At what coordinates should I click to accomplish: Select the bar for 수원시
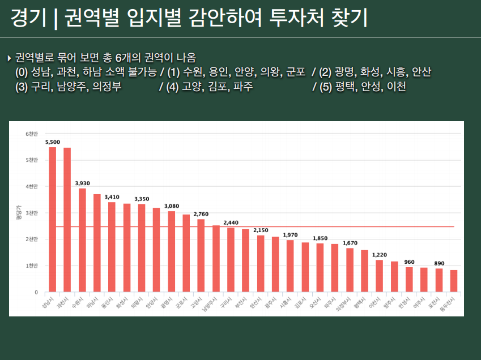pyautogui.click(x=82, y=241)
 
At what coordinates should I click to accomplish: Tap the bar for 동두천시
pyautogui.click(x=454, y=281)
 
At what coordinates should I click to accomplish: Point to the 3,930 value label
pyautogui.click(x=82, y=183)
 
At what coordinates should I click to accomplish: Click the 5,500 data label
pyautogui.click(x=53, y=142)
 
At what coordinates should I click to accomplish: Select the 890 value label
pyautogui.click(x=439, y=263)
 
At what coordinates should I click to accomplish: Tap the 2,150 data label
pyautogui.click(x=261, y=230)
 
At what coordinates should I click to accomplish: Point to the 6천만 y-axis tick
pyautogui.click(x=32, y=134)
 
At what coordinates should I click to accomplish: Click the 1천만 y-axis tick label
pyautogui.click(x=32, y=266)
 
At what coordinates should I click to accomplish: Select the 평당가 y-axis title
pyautogui.click(x=19, y=213)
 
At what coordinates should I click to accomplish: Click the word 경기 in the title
pyautogui.click(x=28, y=19)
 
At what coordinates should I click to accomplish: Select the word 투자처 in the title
pyautogui.click(x=309, y=19)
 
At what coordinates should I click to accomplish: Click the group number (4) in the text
pyautogui.click(x=173, y=87)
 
